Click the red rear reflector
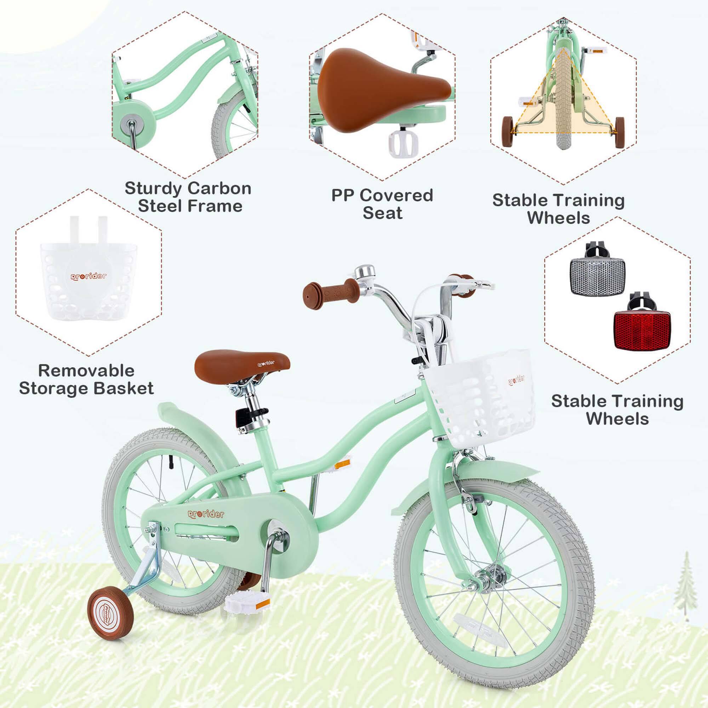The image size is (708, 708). [642, 330]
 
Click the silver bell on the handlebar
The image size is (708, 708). [365, 273]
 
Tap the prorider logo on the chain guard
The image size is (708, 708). [206, 514]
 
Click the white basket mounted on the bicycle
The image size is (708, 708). [480, 398]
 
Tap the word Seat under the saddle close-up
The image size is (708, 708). [382, 213]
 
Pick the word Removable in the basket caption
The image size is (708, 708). [86, 371]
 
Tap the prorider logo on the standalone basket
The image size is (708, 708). [89, 276]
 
